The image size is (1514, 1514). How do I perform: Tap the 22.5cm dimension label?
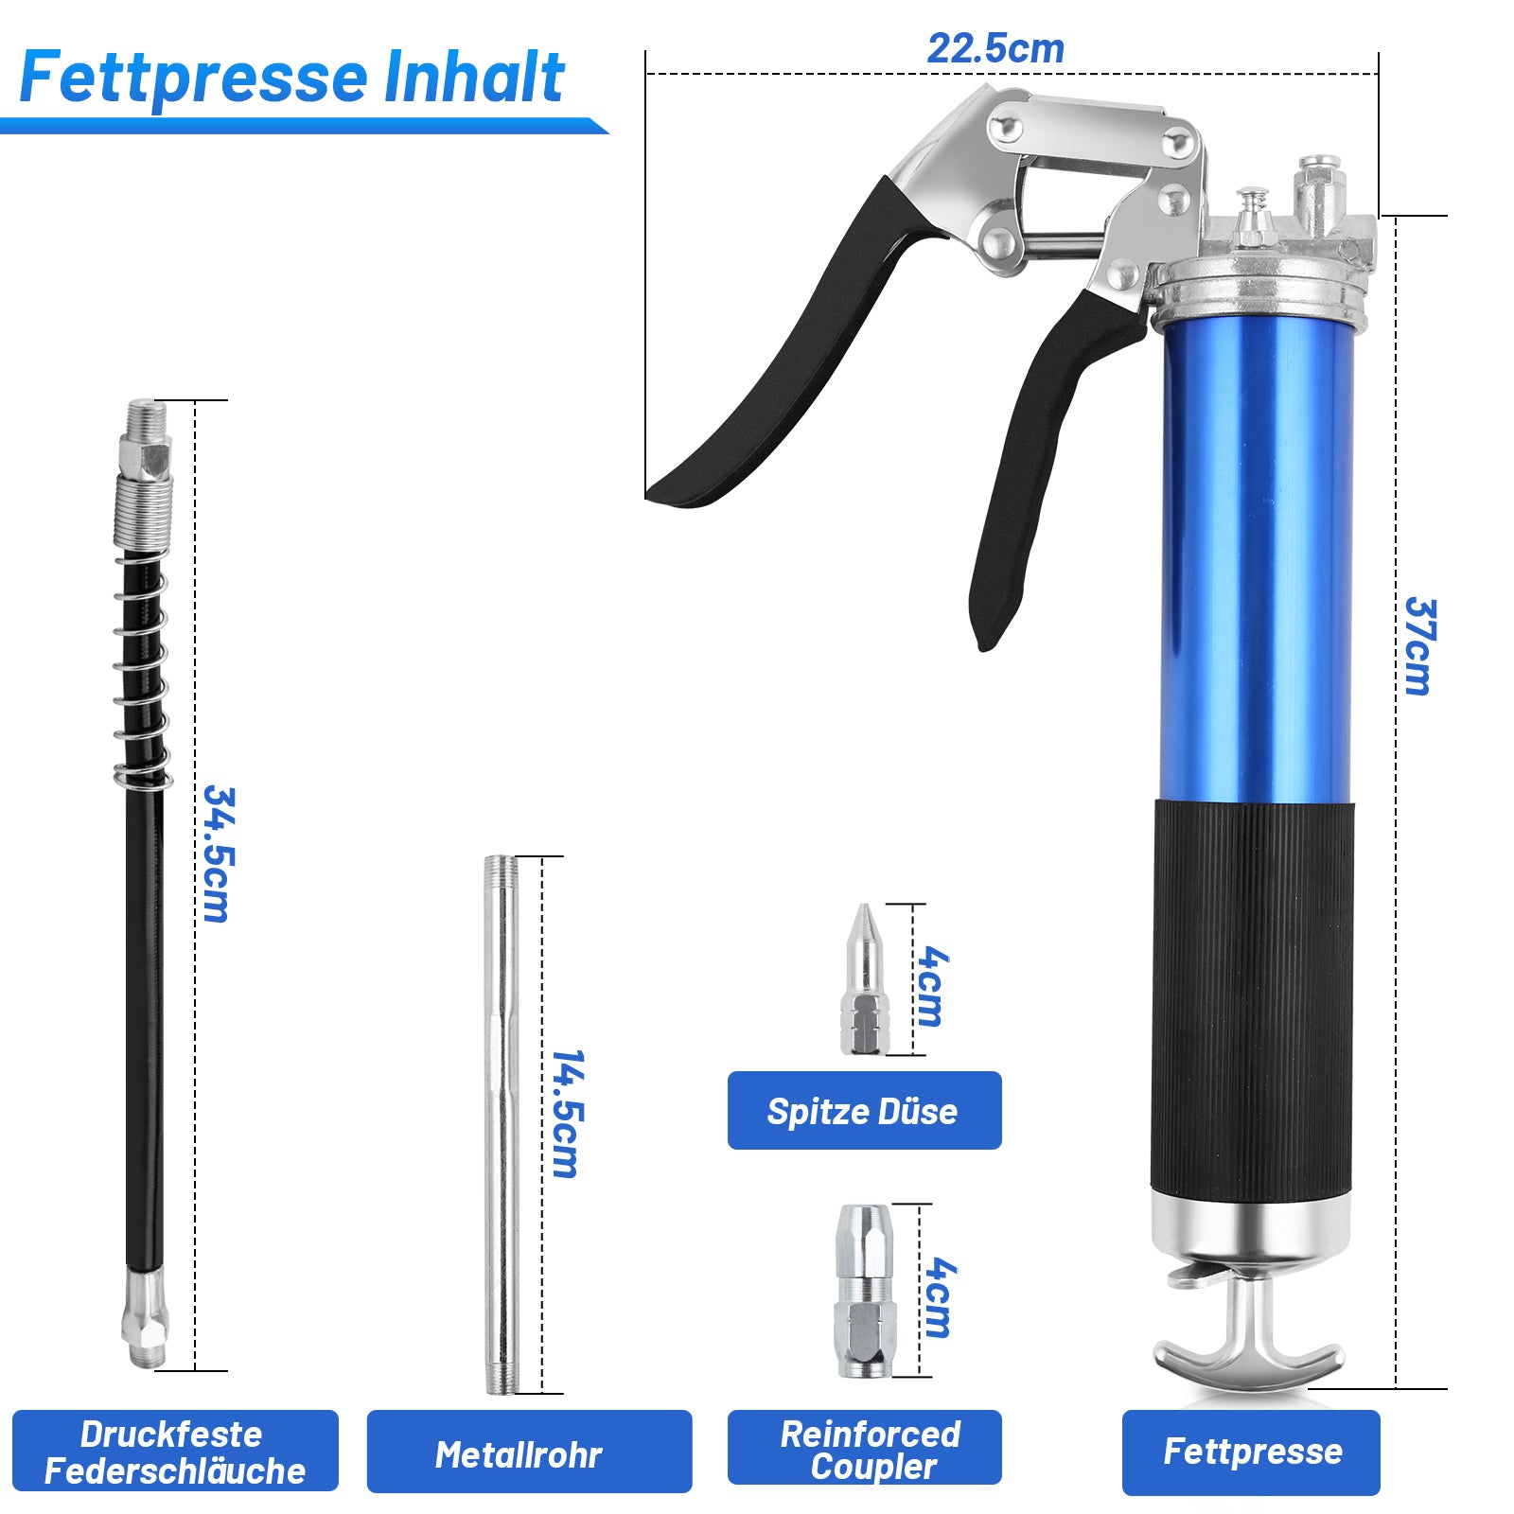click(x=995, y=48)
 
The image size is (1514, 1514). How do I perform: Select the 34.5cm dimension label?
click(x=218, y=854)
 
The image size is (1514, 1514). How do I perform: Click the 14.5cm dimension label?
click(x=567, y=1113)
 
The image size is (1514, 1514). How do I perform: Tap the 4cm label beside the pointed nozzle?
click(x=931, y=986)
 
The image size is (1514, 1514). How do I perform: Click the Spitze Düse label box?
click(x=864, y=1110)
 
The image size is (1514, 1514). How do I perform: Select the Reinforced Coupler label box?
click(x=864, y=1447)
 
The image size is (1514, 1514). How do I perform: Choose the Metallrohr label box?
click(x=529, y=1452)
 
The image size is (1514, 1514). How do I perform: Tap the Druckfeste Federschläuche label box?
click(x=175, y=1451)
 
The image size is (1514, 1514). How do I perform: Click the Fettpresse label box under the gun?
click(x=1251, y=1452)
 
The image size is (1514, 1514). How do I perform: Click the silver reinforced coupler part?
click(x=862, y=1291)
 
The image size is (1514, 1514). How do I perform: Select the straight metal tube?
click(x=502, y=1125)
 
